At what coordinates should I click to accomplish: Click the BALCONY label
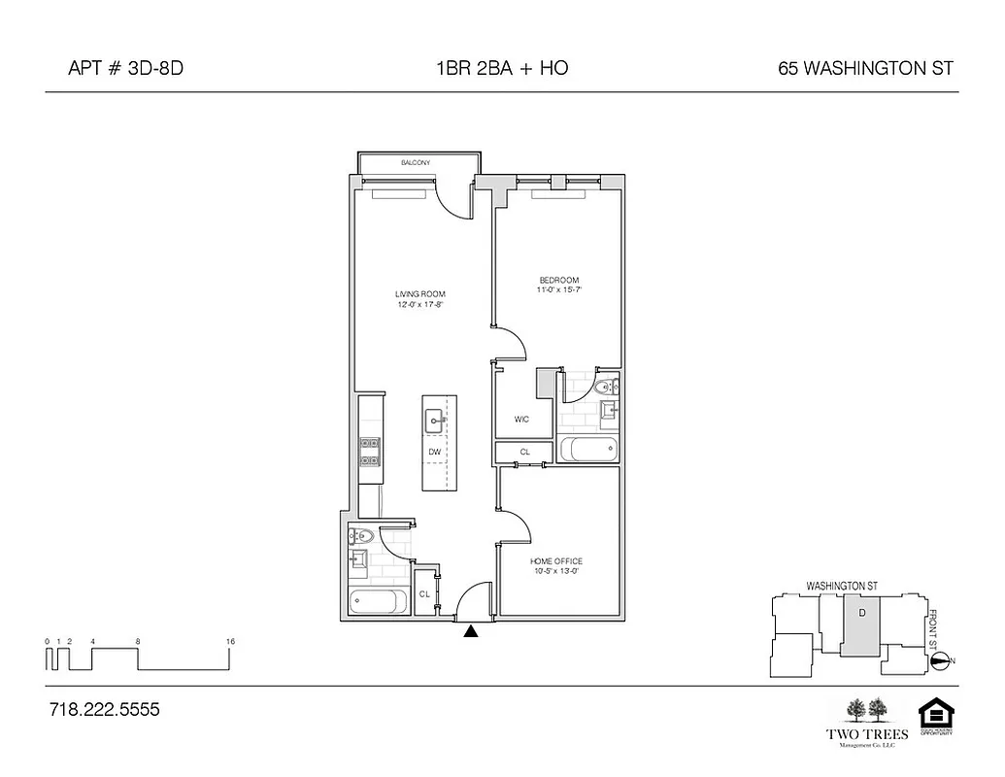(416, 162)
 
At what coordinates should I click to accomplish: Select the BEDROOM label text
(559, 281)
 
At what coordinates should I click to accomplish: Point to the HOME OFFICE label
(556, 561)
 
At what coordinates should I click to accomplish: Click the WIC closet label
(521, 420)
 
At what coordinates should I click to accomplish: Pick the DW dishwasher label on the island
(435, 452)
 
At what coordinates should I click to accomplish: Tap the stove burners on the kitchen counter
(370, 448)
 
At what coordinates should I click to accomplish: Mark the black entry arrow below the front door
(471, 631)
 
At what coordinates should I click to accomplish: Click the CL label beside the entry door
(424, 594)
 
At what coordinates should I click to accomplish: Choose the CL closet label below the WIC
(524, 453)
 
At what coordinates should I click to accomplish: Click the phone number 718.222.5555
(104, 710)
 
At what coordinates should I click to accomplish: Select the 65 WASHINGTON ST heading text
(865, 68)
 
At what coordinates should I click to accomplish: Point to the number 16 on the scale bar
(230, 642)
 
